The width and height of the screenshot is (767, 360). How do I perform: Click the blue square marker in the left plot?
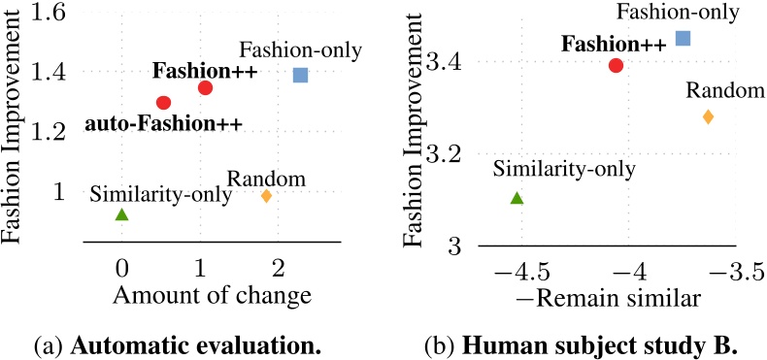tap(300, 75)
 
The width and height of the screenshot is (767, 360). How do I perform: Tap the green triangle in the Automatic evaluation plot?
tap(121, 214)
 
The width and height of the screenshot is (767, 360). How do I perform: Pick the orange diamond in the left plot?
tap(266, 195)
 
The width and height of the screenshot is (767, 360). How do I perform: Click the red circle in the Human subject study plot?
tap(616, 65)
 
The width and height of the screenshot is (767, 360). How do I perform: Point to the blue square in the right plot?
tap(683, 38)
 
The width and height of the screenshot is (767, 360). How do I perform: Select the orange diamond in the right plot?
tap(708, 116)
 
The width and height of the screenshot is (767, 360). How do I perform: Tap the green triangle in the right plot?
tap(517, 198)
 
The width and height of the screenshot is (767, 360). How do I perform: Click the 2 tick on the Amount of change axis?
tap(279, 266)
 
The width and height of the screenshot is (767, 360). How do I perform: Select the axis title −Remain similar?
tap(619, 299)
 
